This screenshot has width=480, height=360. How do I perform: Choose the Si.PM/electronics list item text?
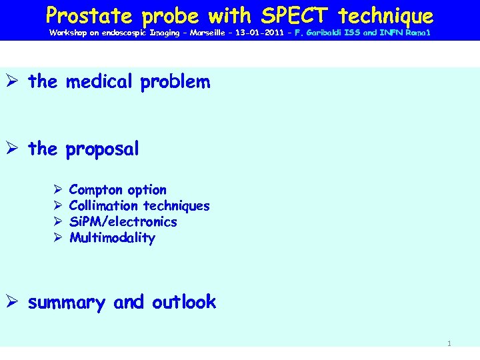(x=123, y=222)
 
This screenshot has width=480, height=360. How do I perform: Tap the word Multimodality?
(x=112, y=238)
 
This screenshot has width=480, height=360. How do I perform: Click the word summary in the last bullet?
(x=67, y=303)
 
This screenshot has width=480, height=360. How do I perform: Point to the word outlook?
(x=183, y=302)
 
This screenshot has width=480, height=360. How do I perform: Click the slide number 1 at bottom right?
(x=449, y=343)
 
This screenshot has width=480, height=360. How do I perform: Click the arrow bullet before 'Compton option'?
(x=57, y=190)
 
